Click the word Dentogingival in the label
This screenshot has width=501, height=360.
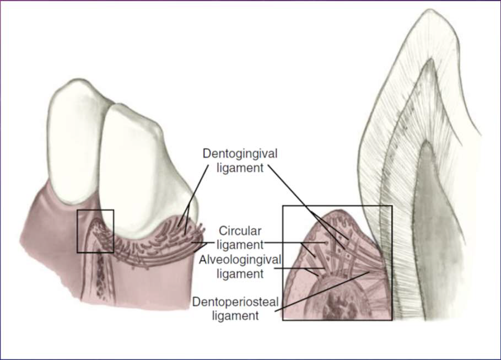point(239,152)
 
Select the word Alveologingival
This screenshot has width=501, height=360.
point(234,259)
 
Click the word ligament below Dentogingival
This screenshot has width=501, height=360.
point(239,167)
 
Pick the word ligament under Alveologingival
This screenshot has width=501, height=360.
point(234,273)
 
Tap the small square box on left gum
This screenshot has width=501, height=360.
point(95,231)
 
